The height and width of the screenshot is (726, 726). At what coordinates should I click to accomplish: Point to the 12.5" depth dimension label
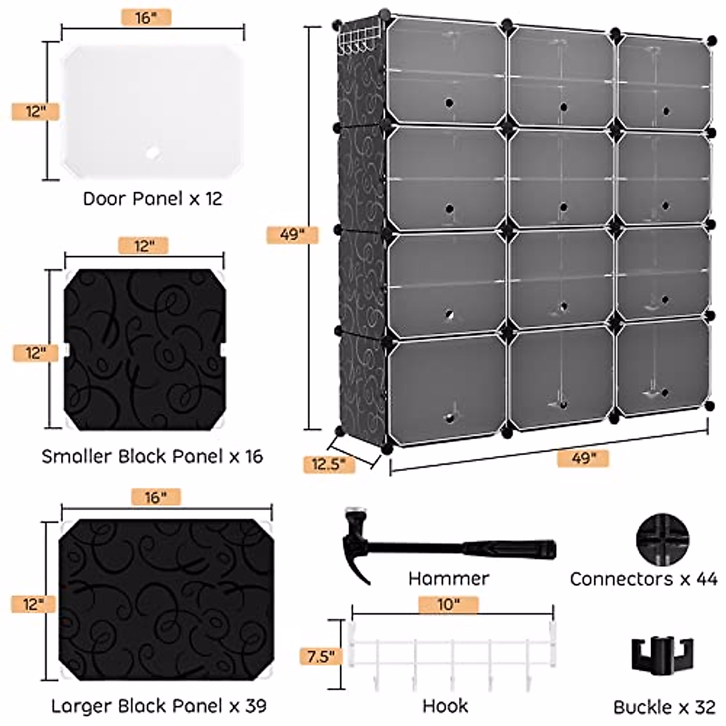(329, 464)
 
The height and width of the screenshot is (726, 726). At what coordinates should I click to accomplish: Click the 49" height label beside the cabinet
(292, 234)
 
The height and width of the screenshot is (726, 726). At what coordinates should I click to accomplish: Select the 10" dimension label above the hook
(448, 604)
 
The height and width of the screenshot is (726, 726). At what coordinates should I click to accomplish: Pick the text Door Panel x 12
(152, 198)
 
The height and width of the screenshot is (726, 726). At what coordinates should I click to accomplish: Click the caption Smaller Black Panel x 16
(152, 456)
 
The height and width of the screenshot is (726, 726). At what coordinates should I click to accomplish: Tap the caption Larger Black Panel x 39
(159, 706)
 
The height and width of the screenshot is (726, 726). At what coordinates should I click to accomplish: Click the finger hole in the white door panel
(153, 153)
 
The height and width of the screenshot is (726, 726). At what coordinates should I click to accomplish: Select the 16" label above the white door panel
(146, 18)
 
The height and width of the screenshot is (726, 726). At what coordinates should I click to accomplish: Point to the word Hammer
(448, 578)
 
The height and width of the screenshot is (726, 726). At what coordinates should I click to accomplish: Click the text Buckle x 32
(664, 707)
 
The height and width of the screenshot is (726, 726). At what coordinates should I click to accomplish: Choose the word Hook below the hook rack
(445, 706)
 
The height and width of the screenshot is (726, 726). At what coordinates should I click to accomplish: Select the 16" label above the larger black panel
(155, 497)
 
